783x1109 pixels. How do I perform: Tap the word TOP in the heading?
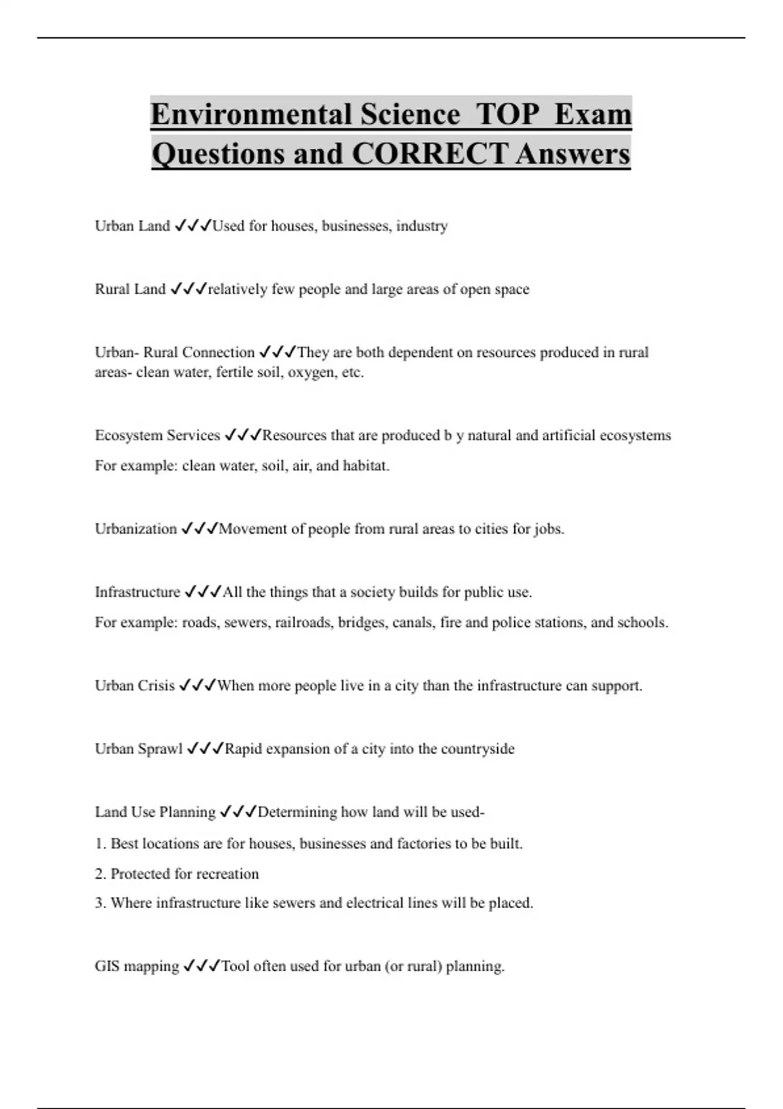[507, 114]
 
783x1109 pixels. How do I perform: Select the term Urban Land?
[132, 226]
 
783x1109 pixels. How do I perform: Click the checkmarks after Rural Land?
[189, 289]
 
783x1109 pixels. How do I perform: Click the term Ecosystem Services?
[157, 435]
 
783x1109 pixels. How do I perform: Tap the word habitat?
[365, 466]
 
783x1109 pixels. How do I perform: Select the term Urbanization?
[136, 528]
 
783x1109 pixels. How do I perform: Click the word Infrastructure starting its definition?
[137, 592]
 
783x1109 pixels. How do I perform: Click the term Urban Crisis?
[134, 686]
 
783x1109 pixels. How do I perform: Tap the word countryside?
[478, 748]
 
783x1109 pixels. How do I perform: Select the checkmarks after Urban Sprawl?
[205, 748]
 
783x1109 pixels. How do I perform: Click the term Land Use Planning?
[155, 812]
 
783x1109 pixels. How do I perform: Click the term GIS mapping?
[136, 966]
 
